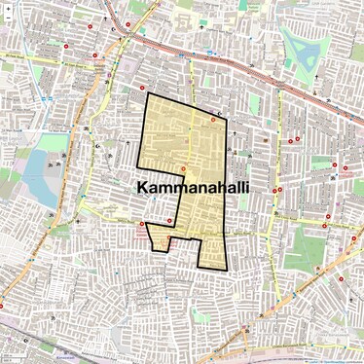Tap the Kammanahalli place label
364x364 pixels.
click(x=193, y=187)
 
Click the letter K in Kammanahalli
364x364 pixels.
click(x=143, y=187)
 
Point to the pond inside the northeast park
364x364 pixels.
click(x=296, y=43)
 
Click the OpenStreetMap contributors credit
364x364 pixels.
click(x=339, y=360)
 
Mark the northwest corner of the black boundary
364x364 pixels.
click(x=147, y=94)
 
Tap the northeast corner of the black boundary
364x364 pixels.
click(x=223, y=116)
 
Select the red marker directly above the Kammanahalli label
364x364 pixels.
click(x=182, y=170)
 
